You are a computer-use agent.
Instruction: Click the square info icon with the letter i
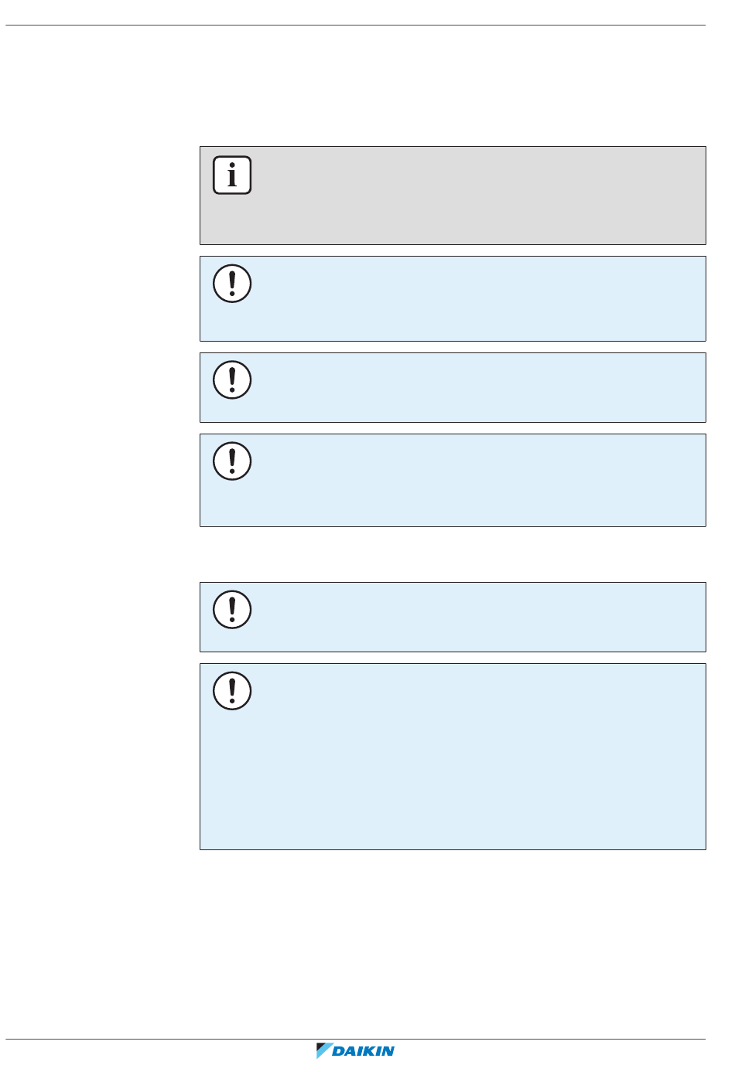pyautogui.click(x=232, y=175)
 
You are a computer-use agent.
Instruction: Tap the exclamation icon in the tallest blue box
pyautogui.click(x=232, y=691)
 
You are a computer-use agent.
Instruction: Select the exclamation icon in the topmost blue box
pyautogui.click(x=232, y=284)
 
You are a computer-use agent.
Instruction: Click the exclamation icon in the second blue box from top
pyautogui.click(x=232, y=380)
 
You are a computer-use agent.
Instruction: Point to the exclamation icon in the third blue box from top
pyautogui.click(x=232, y=461)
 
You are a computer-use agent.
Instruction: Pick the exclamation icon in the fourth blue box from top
pyautogui.click(x=232, y=610)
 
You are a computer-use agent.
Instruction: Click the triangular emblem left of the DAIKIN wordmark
pyautogui.click(x=323, y=1050)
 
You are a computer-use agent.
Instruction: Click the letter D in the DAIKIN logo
pyautogui.click(x=340, y=1051)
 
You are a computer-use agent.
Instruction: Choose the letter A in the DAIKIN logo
pyautogui.click(x=352, y=1051)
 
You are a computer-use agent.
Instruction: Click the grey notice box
pyautogui.click(x=464, y=196)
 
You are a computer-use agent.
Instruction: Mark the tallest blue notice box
pyautogui.click(x=464, y=757)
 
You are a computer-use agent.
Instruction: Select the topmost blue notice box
pyautogui.click(x=464, y=299)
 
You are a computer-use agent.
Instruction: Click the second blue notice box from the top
pyautogui.click(x=464, y=388)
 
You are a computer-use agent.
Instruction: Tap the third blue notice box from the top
pyautogui.click(x=464, y=481)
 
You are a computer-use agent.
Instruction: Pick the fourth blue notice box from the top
pyautogui.click(x=464, y=618)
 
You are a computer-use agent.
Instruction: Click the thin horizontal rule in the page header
pyautogui.click(x=356, y=26)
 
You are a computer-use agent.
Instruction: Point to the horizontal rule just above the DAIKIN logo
pyautogui.click(x=356, y=1040)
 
